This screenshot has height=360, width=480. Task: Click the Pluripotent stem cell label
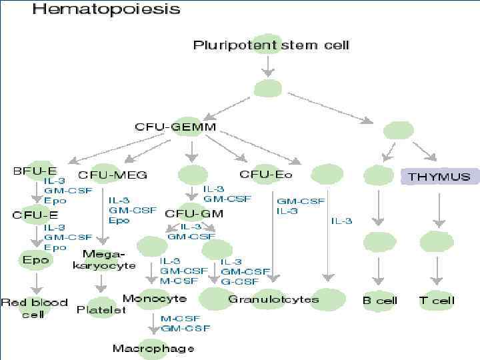point(271,46)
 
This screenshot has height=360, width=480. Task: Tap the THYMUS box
point(439,177)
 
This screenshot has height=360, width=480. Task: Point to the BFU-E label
point(30,171)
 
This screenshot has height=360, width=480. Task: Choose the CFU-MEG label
point(113,175)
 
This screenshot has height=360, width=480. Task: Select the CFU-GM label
point(194,214)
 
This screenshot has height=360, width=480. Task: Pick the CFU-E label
point(35,215)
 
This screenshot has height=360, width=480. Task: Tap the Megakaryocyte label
point(101,259)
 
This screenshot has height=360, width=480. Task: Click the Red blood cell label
point(34,307)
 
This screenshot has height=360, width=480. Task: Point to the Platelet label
point(101,309)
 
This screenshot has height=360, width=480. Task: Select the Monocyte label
point(155,298)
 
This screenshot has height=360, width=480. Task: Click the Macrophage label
point(153,348)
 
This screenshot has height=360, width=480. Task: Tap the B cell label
point(379,300)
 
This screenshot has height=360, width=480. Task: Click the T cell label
point(437,300)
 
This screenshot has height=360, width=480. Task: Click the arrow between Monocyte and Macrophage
point(153,323)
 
